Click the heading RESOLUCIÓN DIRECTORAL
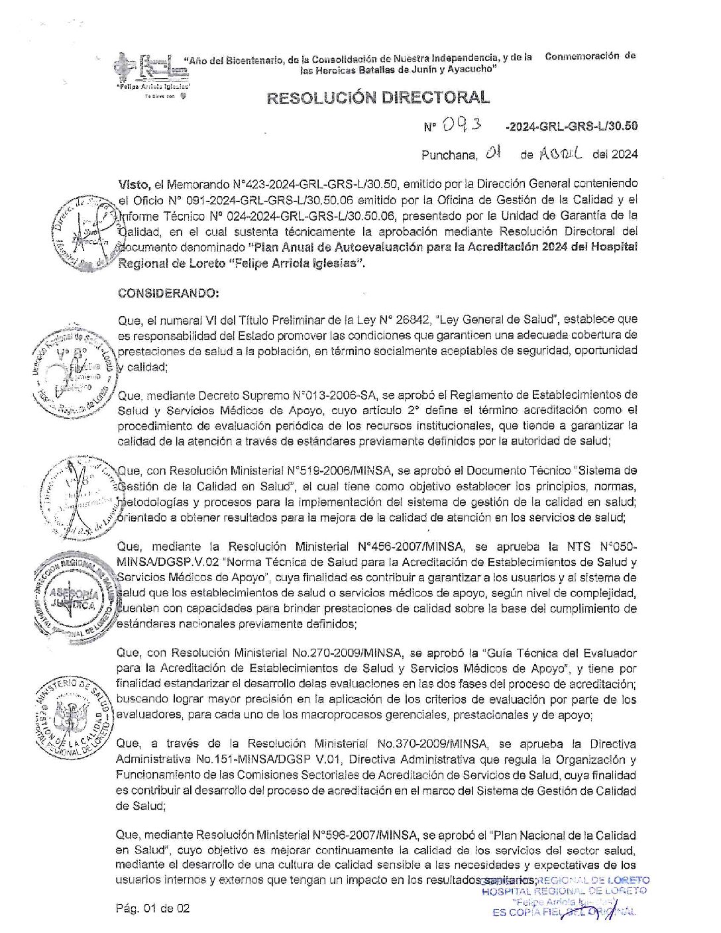(378, 98)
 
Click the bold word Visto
(133, 183)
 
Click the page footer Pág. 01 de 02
(152, 908)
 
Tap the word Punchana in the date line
(449, 155)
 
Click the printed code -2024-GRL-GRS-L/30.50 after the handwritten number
(571, 125)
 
